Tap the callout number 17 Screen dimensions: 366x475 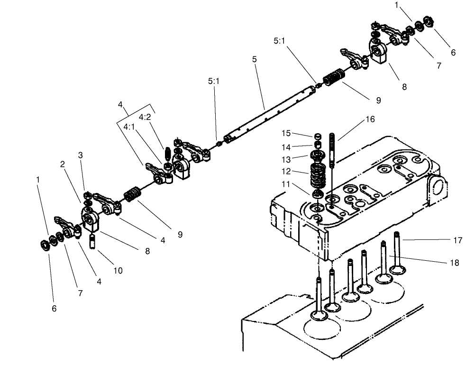click(457, 240)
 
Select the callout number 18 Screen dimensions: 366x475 click(455, 263)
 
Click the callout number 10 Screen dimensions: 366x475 click(118, 270)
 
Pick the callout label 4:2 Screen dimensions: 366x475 click(145, 117)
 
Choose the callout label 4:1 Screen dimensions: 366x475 click(129, 127)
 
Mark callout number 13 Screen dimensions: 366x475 click(299, 159)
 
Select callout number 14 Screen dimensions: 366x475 click(299, 146)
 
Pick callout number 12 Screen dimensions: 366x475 click(299, 172)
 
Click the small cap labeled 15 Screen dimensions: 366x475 click(317, 137)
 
